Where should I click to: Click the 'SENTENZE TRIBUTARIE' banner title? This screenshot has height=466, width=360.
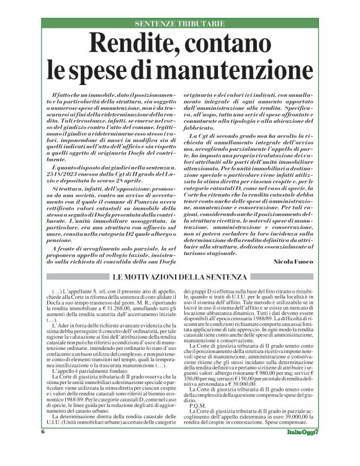tap(179, 24)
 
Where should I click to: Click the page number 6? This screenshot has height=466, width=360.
tap(43, 448)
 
